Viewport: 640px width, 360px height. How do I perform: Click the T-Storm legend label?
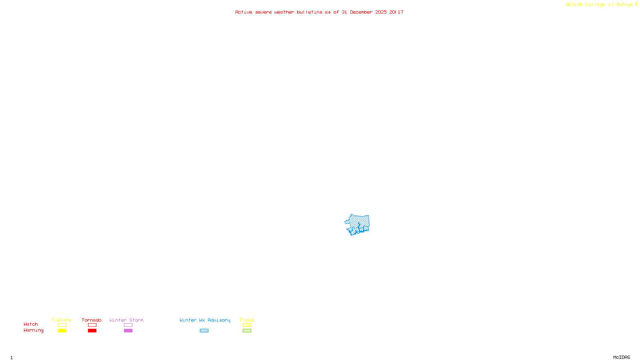coord(62,320)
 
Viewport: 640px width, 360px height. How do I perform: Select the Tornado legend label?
coord(92,320)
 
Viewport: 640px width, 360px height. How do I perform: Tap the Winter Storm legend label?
coord(126,320)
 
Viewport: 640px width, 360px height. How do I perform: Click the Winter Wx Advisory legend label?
coord(205,320)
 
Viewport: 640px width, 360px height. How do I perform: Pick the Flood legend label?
coord(247,320)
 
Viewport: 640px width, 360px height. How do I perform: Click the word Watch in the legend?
coord(31,324)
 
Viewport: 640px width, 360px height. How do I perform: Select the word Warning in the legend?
coord(34,330)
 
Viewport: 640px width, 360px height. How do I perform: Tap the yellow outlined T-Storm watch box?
coord(62,325)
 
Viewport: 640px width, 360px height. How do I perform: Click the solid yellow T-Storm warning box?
coord(62,331)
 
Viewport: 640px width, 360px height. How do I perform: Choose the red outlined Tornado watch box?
coord(92,325)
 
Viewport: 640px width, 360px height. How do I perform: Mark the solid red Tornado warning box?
coord(92,331)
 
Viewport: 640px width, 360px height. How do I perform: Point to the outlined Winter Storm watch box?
coord(128,325)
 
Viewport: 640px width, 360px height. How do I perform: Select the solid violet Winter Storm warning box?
coord(128,331)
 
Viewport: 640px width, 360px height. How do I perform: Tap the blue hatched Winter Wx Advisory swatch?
coord(204,331)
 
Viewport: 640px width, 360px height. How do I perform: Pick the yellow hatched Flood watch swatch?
coord(247,325)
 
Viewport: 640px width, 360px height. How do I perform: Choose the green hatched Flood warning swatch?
coord(247,331)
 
